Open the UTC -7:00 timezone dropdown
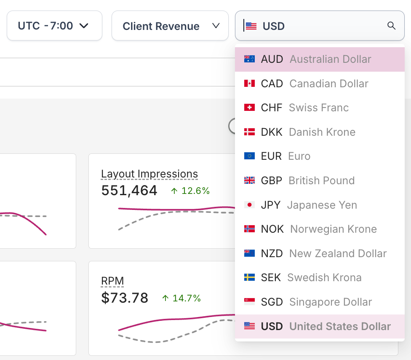click(x=54, y=26)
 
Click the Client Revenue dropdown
click(x=170, y=26)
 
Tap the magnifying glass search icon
click(x=391, y=26)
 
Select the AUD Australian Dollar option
click(x=316, y=59)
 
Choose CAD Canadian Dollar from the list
click(x=315, y=83)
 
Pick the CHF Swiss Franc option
click(x=304, y=107)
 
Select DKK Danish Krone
click(x=308, y=132)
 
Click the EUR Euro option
click(x=286, y=156)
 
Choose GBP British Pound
click(x=307, y=180)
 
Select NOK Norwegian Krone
click(x=318, y=229)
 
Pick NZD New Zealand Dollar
click(x=323, y=253)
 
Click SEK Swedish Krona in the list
click(x=311, y=277)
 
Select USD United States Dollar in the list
click(x=326, y=326)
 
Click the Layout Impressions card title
click(x=149, y=174)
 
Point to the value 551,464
click(x=129, y=191)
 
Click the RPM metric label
click(x=112, y=281)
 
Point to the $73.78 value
click(x=125, y=298)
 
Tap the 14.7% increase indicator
click(x=181, y=298)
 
